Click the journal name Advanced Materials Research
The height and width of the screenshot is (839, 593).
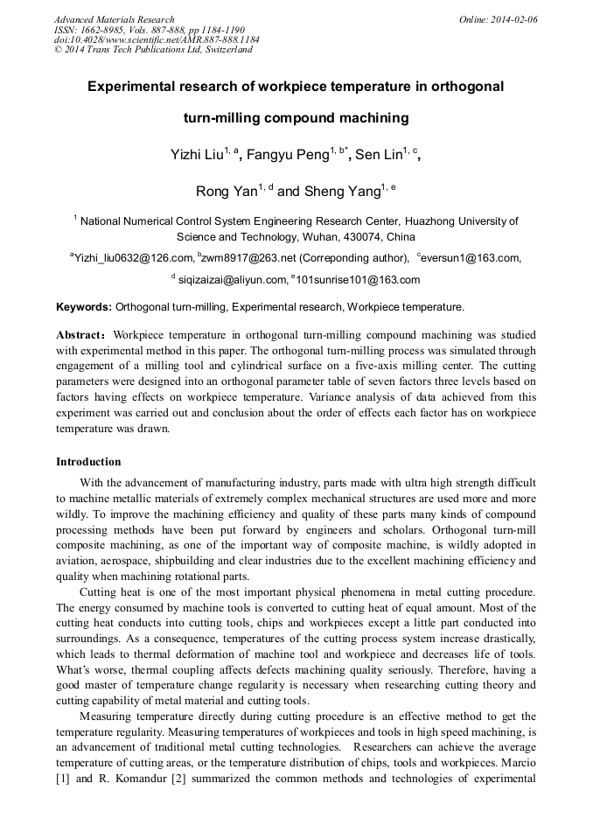pos(114,19)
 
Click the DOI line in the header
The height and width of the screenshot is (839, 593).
pos(157,39)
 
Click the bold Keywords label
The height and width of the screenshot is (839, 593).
pos(84,307)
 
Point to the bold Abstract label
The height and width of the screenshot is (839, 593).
pos(82,335)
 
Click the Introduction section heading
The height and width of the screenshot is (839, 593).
pos(88,462)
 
